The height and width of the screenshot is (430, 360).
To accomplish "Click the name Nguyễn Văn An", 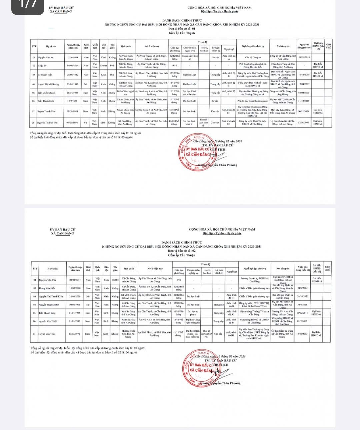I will [46, 57].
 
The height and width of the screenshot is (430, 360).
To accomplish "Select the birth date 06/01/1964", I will [73, 66].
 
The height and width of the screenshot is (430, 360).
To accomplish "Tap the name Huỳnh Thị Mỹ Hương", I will [48, 84].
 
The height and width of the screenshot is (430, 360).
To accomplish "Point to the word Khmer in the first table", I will [103, 66].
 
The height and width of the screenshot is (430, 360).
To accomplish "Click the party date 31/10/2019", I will [304, 101].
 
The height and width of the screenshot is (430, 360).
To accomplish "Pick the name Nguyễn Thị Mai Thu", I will [47, 123].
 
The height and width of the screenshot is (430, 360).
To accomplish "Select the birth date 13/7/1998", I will [73, 101].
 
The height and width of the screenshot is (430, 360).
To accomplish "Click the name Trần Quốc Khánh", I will [46, 93].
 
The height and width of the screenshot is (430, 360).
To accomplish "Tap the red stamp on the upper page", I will [197, 152].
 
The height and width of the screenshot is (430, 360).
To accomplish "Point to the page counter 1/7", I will [28, 5].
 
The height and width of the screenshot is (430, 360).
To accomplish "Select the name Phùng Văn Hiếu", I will [47, 288].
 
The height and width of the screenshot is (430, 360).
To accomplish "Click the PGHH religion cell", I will [115, 280].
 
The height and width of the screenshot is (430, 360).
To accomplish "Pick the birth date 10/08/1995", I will [75, 304].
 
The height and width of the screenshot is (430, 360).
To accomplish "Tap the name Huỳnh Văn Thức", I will [47, 334].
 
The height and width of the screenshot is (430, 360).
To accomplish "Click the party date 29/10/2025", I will [303, 296].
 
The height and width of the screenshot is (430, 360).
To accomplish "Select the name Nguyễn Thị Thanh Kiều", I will [51, 296].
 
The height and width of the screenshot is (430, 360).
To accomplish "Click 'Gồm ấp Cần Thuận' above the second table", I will [181, 255].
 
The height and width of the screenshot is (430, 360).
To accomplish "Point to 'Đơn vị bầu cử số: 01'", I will [182, 29].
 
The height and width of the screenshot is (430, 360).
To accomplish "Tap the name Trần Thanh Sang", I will [47, 313].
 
